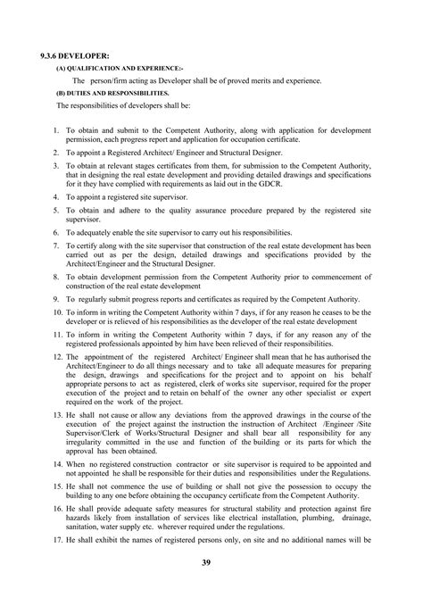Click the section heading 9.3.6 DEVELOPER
tap(59, 56)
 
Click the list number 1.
tap(56, 130)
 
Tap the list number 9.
tap(56, 297)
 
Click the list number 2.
tap(56, 154)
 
